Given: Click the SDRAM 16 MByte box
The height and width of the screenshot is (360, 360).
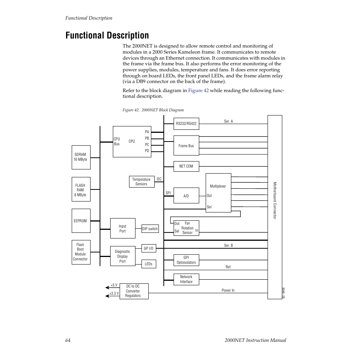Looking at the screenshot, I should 80,157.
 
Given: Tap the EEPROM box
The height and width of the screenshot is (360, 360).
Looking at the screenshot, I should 81,221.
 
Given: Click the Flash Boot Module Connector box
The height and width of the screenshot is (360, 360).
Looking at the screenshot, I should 81,252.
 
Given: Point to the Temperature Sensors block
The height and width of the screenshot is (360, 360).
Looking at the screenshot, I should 141,182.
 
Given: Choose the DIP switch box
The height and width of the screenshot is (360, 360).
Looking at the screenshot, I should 150,229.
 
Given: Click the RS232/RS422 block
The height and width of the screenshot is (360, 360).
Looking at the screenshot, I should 186,123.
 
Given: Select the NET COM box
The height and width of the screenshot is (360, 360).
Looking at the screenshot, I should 186,166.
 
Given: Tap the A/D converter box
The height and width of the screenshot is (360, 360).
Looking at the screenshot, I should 186,195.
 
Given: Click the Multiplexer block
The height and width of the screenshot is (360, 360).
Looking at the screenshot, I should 218,192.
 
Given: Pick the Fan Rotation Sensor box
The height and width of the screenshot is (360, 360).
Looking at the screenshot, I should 186,228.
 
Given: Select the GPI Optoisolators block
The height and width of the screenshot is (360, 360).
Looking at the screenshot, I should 186,260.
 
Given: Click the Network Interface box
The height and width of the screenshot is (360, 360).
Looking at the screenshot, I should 186,279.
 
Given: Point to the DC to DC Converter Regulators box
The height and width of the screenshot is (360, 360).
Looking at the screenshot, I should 133,291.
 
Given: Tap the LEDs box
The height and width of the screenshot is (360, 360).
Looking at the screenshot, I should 148,264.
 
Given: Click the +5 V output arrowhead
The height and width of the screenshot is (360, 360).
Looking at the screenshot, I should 107,288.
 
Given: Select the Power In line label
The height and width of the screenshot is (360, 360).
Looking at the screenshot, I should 228,290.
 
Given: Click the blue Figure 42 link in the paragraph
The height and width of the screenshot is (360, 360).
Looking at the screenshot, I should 198,91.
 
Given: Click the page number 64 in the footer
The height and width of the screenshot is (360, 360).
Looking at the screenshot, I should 68,340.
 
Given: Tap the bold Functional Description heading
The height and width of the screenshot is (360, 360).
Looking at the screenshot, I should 107,35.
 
